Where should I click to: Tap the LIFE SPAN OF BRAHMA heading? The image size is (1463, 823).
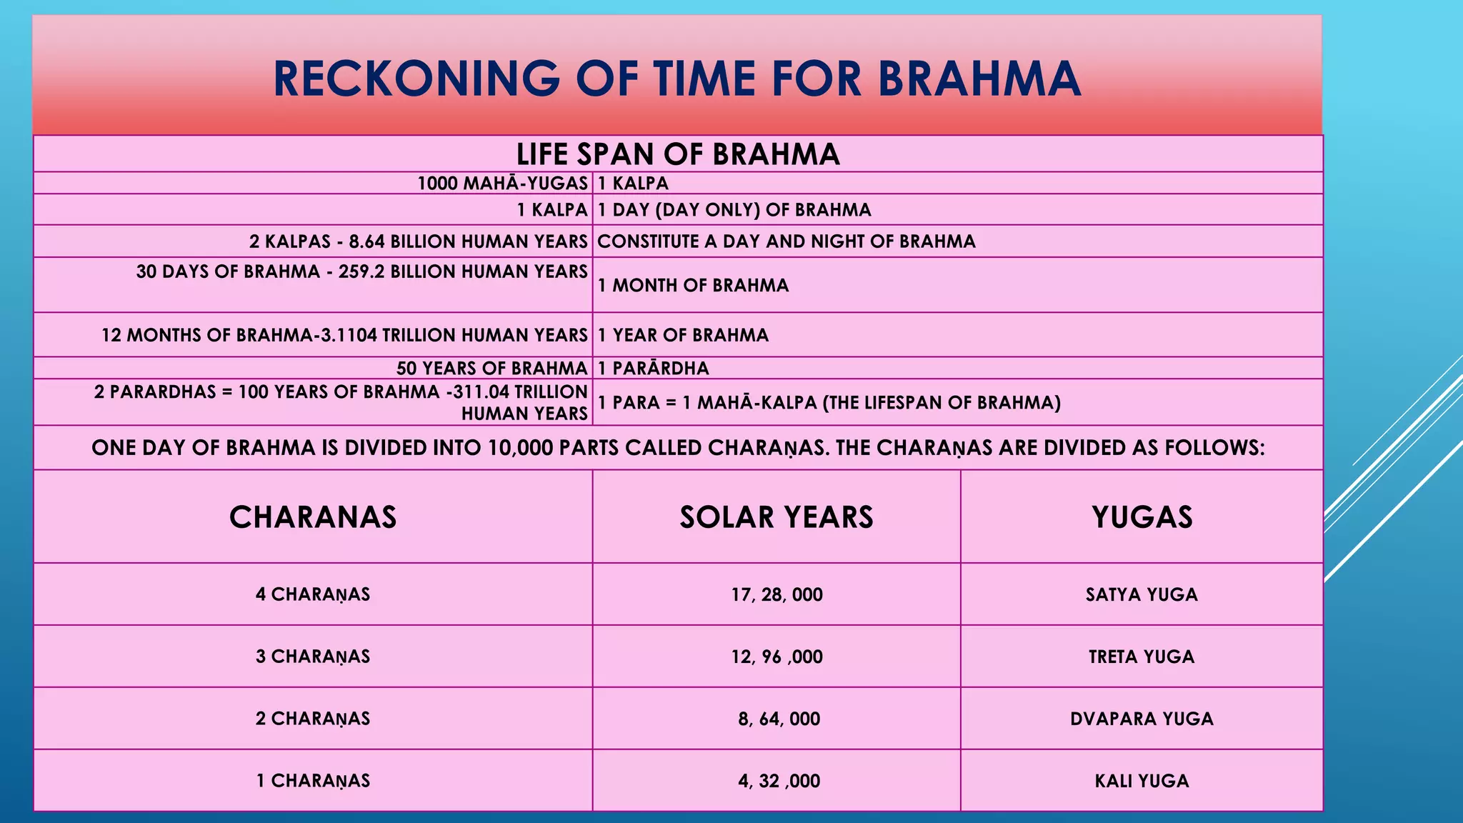coord(678,154)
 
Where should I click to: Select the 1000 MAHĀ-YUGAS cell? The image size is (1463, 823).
coord(502,184)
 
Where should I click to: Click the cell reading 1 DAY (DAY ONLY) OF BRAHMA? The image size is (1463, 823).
coord(734,210)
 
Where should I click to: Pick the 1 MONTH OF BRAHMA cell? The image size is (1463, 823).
coord(693,285)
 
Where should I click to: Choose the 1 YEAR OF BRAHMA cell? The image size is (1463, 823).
coord(683,335)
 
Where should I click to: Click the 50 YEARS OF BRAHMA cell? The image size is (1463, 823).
coord(491,368)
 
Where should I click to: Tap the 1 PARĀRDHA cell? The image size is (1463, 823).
coord(654,368)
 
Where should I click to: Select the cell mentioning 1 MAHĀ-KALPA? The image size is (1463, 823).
coord(829,403)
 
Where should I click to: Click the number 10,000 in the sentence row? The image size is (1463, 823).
coord(520,448)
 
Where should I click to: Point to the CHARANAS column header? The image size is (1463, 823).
coord(313,517)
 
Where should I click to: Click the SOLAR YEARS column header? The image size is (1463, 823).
coord(777,517)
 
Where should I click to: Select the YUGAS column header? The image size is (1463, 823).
coord(1142,517)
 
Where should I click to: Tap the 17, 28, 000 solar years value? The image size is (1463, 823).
coord(777,594)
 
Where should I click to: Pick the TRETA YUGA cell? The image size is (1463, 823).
coord(1142,657)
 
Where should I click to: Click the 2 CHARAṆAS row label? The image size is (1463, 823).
coord(313,719)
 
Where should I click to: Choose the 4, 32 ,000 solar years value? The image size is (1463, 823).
coord(779,781)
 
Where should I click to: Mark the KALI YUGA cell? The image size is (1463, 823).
coord(1142,781)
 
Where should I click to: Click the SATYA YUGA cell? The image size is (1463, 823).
coord(1142,594)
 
